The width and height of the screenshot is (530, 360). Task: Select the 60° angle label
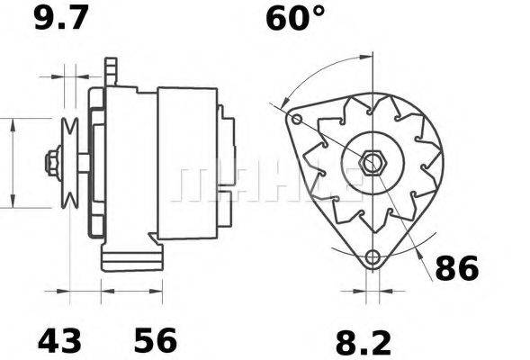point(294,19)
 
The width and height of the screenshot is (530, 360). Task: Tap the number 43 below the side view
point(59,341)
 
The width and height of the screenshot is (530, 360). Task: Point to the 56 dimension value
point(156,341)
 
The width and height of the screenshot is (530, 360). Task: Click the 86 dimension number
point(457,268)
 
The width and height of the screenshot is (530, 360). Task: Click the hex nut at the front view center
point(373,165)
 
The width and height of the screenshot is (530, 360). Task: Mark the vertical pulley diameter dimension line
point(13,162)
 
